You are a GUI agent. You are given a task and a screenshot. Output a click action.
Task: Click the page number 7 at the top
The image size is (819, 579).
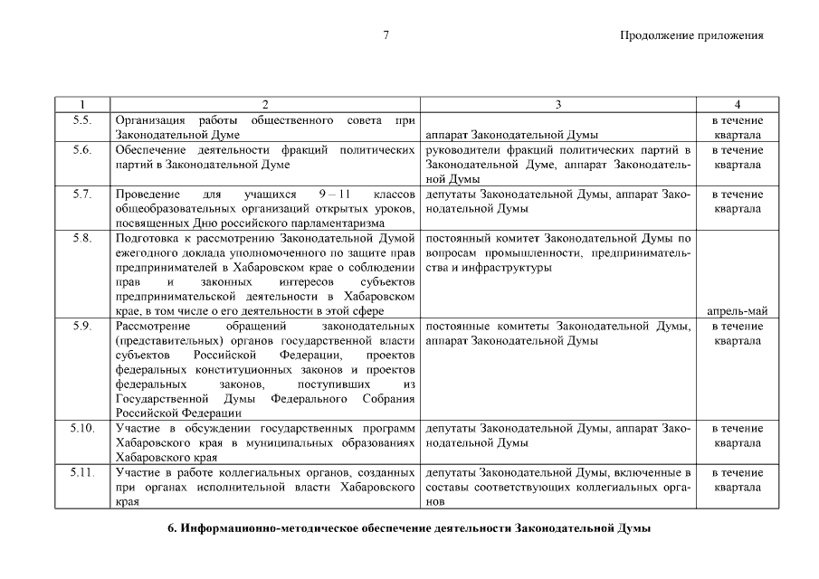click(386, 36)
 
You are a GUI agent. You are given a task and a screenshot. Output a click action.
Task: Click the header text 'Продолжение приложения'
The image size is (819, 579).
click(691, 36)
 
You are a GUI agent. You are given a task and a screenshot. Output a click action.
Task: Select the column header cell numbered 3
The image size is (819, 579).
click(558, 105)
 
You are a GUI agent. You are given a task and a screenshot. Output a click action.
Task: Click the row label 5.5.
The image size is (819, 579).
click(81, 120)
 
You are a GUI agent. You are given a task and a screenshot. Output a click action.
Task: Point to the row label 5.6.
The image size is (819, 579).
click(81, 150)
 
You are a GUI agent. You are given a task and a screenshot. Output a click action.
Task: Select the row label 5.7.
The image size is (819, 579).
click(81, 195)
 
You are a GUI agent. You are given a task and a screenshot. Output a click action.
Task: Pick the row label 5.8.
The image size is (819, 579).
click(81, 239)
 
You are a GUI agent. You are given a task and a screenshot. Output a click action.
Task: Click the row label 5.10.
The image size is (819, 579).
click(81, 429)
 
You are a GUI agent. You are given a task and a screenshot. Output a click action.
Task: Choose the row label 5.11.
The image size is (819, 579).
click(81, 473)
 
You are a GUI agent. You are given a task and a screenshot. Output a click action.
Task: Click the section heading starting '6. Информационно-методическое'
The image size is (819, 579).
click(409, 528)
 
